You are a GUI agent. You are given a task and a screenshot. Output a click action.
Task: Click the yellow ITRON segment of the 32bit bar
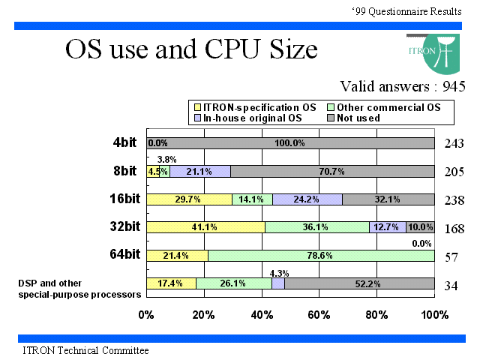click(205, 227)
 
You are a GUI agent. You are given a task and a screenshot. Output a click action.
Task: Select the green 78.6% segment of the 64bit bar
click(321, 256)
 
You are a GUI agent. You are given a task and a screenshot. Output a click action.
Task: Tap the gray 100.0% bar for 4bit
click(290, 143)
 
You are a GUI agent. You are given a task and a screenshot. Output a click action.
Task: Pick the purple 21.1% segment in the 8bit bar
click(200, 172)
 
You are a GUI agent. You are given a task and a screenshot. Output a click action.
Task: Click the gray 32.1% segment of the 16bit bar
click(388, 199)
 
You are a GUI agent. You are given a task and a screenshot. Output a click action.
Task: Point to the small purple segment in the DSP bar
click(278, 283)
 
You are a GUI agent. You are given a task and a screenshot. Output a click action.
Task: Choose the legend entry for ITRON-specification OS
click(255, 107)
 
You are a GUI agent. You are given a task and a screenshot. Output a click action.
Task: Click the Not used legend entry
click(353, 118)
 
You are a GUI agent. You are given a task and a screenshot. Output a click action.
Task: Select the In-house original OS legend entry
click(248, 118)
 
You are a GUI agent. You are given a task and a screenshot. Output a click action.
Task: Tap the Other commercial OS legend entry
click(384, 107)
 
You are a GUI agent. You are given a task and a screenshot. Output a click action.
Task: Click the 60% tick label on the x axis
click(319, 315)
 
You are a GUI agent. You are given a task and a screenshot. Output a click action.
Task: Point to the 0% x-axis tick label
click(146, 315)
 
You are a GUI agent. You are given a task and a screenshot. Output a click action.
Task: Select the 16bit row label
click(125, 199)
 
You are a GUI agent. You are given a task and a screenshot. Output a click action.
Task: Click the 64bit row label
click(125, 254)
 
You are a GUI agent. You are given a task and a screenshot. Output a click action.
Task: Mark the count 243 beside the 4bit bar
click(454, 143)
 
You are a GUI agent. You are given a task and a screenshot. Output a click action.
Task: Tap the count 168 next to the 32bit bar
click(454, 229)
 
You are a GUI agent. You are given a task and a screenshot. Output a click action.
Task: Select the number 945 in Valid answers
click(454, 86)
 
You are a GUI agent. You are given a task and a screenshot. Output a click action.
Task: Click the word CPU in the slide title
click(235, 49)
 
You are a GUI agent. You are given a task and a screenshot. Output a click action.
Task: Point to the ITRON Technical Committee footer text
click(85, 350)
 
